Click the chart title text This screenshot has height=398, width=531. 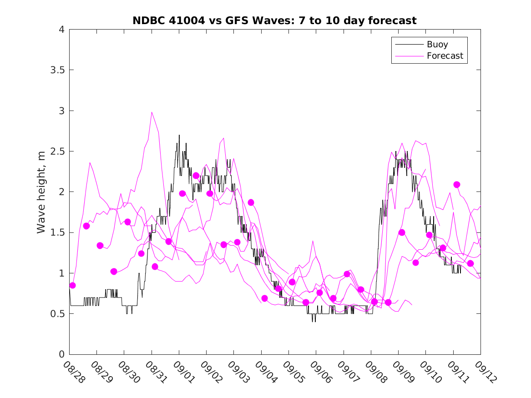(274, 20)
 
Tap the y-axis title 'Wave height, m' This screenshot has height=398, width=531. (41, 192)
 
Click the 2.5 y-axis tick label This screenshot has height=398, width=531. (57, 151)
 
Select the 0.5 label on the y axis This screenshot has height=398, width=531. (57, 314)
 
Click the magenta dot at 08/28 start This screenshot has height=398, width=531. (72, 285)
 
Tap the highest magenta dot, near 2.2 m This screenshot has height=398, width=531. (196, 176)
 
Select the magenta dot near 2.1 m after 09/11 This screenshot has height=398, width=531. (457, 185)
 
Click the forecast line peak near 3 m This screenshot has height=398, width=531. (152, 112)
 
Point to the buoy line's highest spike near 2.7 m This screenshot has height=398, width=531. (179, 135)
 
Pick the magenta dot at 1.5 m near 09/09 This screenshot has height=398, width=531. (402, 232)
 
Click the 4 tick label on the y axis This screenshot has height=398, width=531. (61, 30)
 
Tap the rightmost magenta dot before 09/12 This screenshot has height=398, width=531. (470, 263)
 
